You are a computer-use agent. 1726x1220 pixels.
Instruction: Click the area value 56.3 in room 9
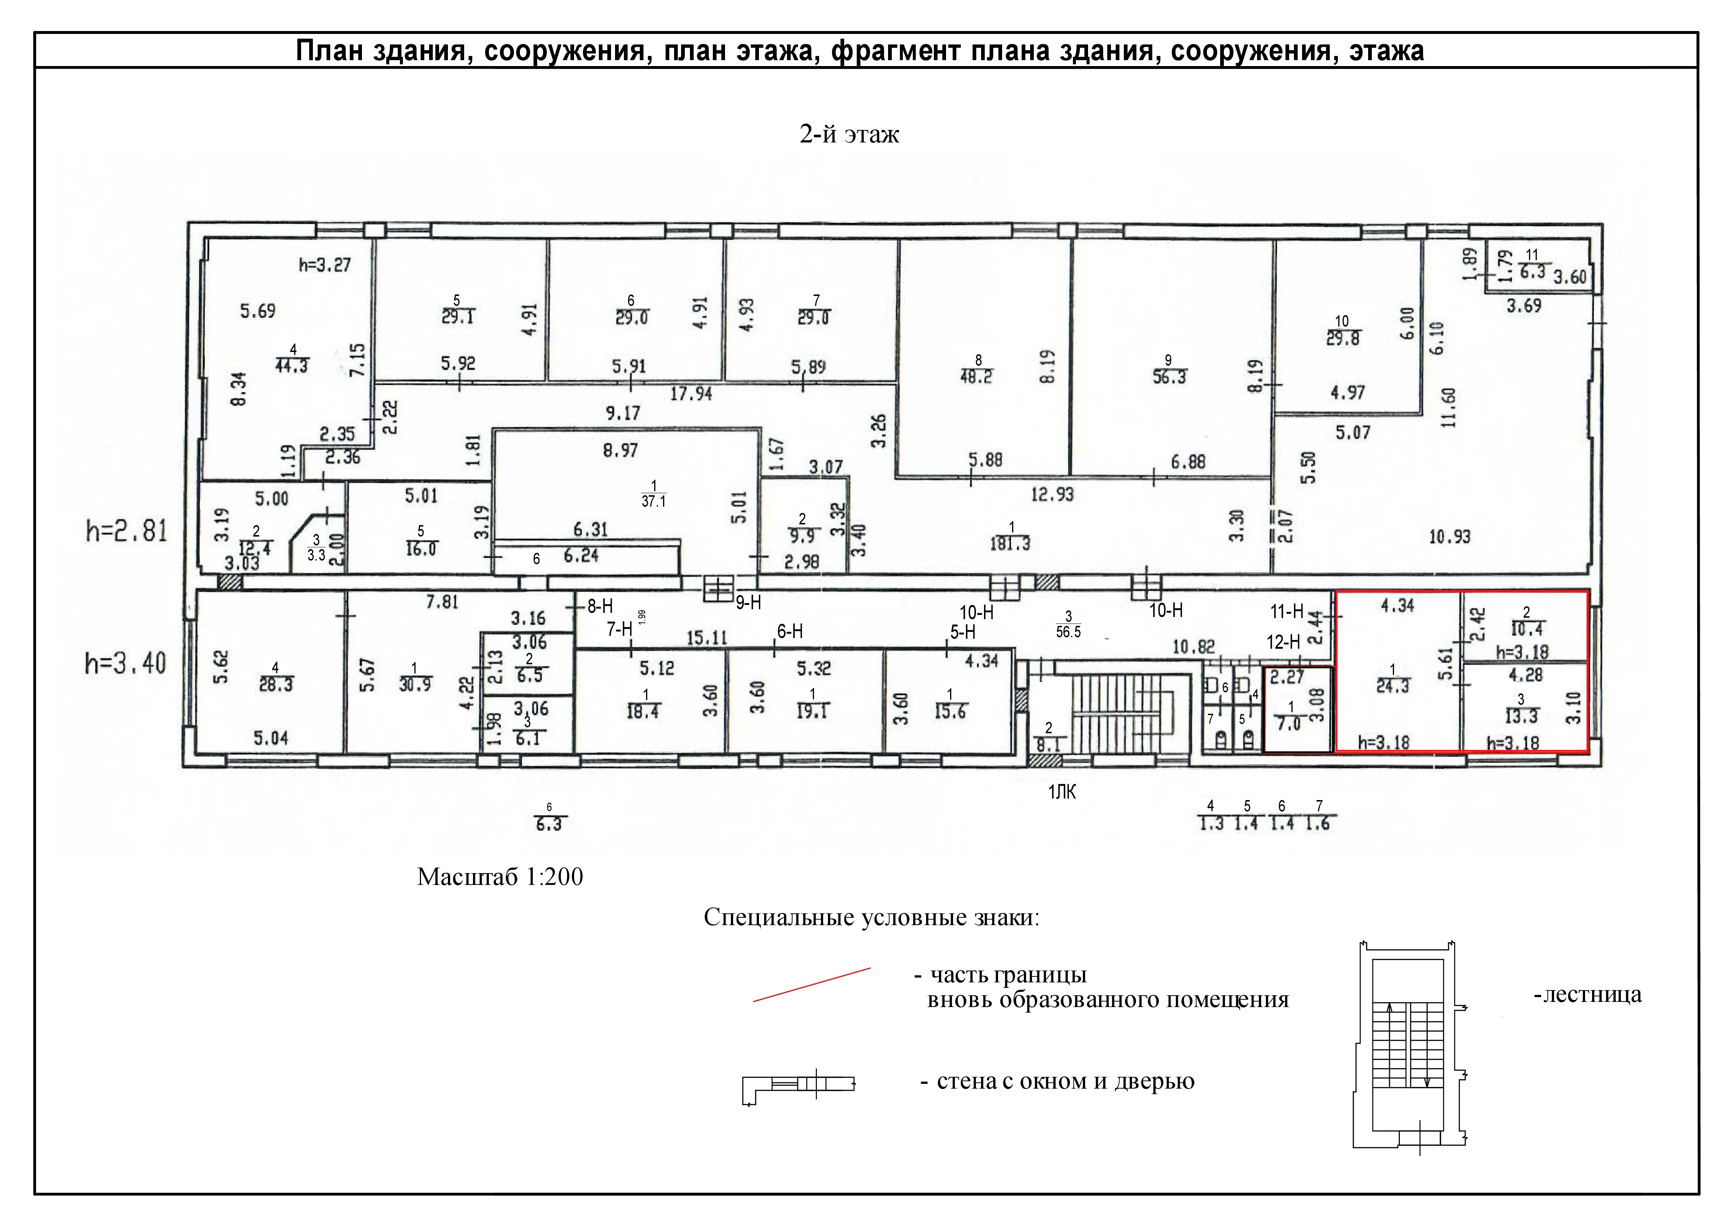pyautogui.click(x=1169, y=378)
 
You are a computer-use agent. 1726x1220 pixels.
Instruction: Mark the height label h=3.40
pyautogui.click(x=125, y=664)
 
